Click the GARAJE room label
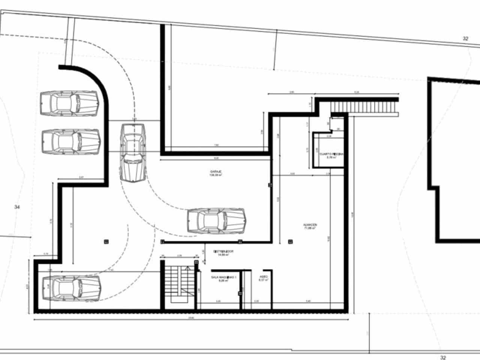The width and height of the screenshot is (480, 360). coord(216,172)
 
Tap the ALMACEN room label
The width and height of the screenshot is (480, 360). coord(310,225)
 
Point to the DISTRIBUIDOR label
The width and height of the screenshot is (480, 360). coord(223,251)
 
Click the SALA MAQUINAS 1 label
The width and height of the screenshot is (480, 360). coord(224,277)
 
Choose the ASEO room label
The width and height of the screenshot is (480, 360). coord(264,277)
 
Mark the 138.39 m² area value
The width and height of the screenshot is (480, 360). coord(216,175)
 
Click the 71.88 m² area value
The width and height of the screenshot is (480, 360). coord(310,228)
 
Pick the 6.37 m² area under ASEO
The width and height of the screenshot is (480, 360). coord(264,280)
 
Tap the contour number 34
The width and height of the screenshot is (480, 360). coord(16,207)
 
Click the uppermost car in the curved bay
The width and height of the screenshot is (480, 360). coord(70,103)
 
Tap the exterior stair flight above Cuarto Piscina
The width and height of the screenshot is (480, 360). coord(364,108)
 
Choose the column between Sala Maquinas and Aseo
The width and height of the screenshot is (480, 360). coord(240,294)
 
